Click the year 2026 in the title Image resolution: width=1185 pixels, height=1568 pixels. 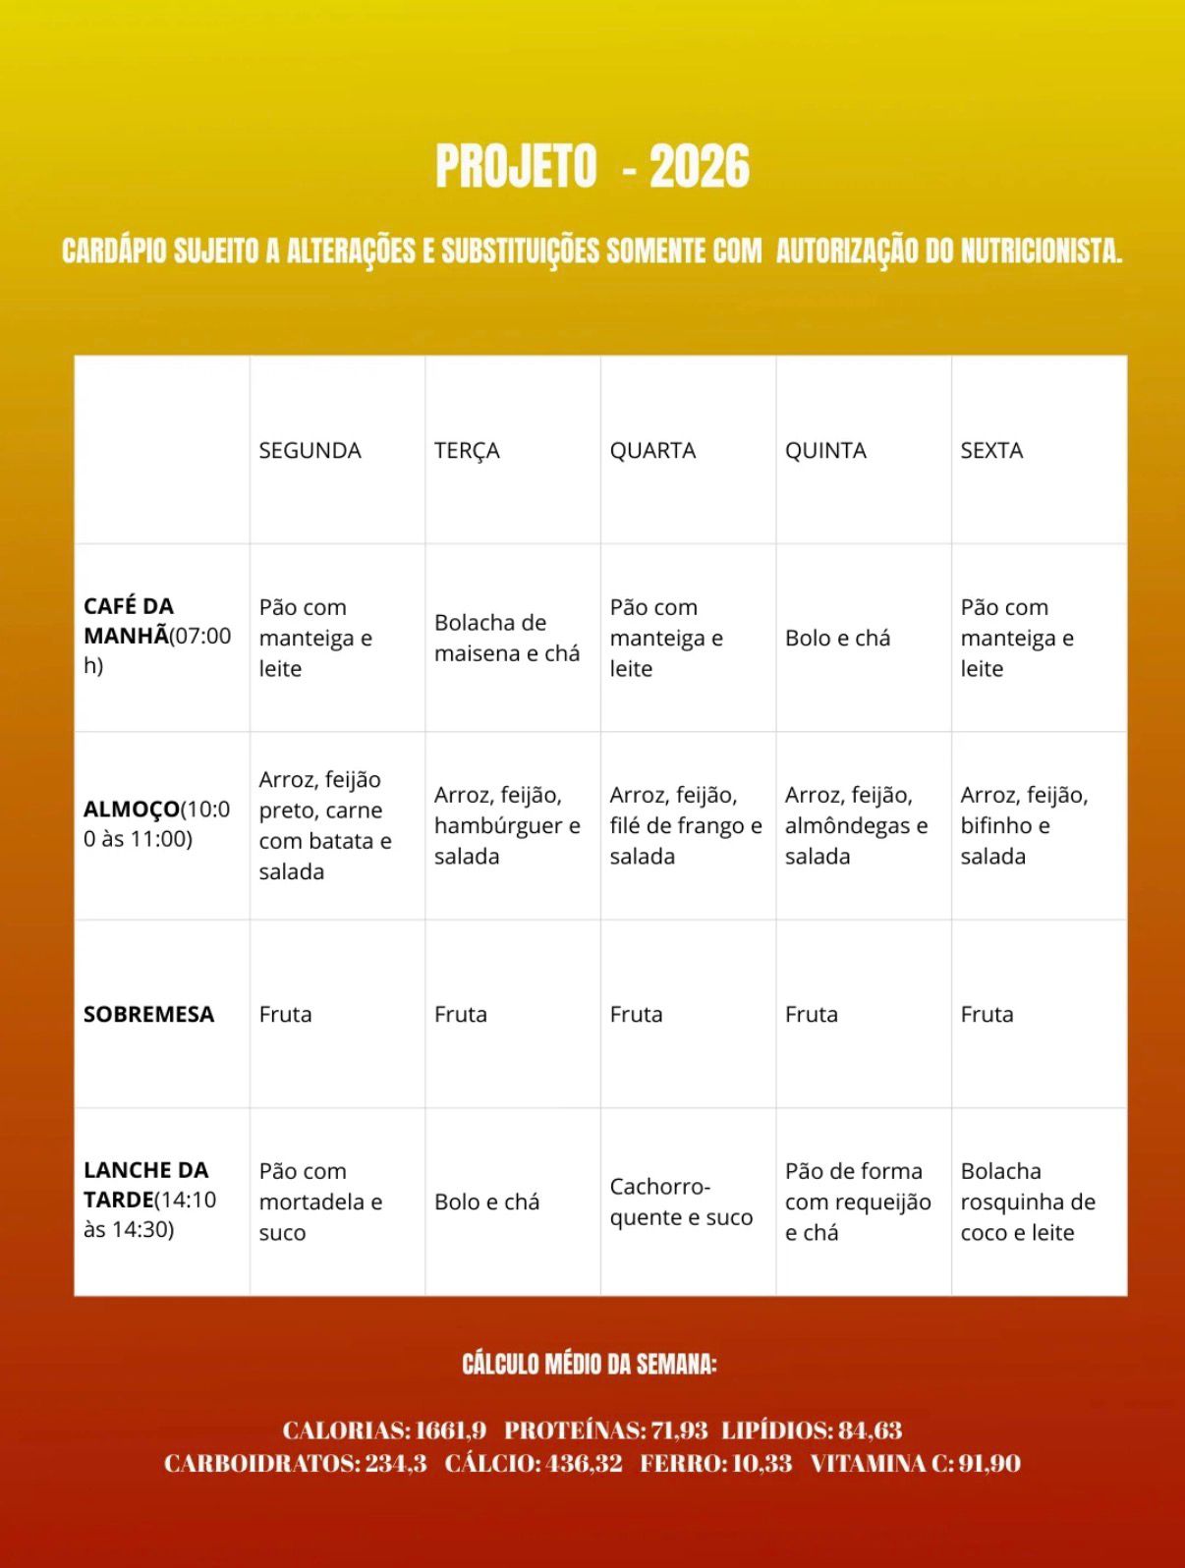[700, 166]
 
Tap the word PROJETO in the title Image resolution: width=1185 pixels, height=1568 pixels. [516, 166]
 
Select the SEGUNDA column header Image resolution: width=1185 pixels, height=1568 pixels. [310, 450]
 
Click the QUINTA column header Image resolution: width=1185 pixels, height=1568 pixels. [825, 450]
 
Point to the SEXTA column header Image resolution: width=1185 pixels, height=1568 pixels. [991, 450]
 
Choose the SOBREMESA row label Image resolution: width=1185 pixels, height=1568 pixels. [148, 1014]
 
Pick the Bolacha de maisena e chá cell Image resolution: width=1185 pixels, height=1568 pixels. [507, 638]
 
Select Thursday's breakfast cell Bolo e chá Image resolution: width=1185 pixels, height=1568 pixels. [837, 638]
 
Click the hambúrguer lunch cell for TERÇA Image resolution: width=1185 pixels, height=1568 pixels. [507, 825]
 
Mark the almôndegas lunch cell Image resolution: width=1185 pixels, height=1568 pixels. [856, 825]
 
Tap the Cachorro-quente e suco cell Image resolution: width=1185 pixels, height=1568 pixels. [681, 1202]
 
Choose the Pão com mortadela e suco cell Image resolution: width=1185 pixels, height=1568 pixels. [320, 1202]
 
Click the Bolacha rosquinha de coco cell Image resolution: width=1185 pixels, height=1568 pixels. [1027, 1202]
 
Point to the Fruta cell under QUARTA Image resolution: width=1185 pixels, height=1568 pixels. [636, 1014]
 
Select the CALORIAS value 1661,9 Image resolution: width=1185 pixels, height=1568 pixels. [451, 1430]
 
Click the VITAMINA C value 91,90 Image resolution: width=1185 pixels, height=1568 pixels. [989, 1464]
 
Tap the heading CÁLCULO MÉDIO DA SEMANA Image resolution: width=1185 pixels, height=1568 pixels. [590, 1364]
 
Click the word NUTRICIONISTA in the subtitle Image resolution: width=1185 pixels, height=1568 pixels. [1041, 252]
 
